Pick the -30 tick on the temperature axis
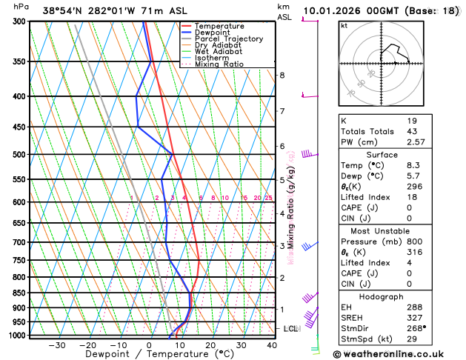(x=57, y=345)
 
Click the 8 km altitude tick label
(x=282, y=76)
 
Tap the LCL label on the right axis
(x=291, y=328)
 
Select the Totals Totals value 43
(x=413, y=131)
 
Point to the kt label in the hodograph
(x=344, y=25)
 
